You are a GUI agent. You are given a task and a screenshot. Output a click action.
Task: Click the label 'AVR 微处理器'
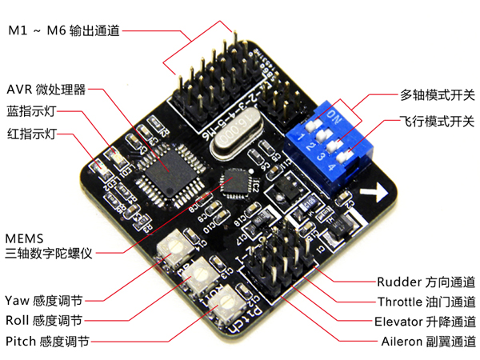(x=46, y=88)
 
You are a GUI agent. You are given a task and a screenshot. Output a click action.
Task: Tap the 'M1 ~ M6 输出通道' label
(x=63, y=31)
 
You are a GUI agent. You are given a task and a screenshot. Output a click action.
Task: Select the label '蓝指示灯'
(x=34, y=110)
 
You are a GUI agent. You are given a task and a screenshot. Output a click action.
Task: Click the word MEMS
(x=23, y=238)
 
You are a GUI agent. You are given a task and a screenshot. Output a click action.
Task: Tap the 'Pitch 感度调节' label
(x=47, y=342)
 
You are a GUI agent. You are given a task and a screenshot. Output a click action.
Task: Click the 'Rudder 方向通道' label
(x=426, y=282)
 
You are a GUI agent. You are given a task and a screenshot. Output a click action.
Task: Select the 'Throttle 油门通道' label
(x=426, y=302)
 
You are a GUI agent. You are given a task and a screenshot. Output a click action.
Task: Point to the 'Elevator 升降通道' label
(x=425, y=322)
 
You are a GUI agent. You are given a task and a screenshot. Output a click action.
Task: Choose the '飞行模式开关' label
(x=437, y=122)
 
